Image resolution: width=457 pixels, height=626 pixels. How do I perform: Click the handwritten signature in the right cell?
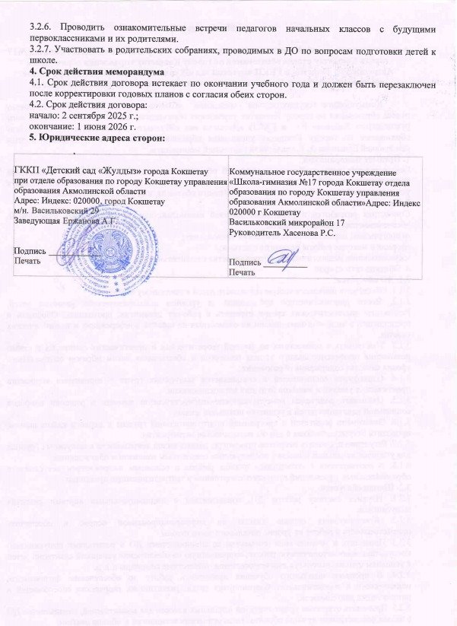[x=282, y=261]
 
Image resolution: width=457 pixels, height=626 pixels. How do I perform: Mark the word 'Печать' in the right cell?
[x=243, y=272]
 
